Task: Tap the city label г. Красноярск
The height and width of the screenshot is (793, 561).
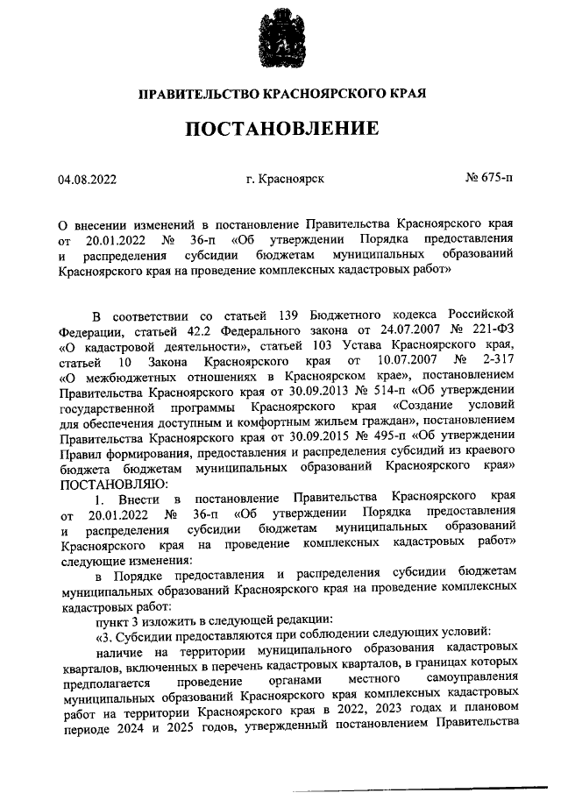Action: [x=286, y=179]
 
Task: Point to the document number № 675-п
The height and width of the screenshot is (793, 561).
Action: [x=489, y=179]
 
